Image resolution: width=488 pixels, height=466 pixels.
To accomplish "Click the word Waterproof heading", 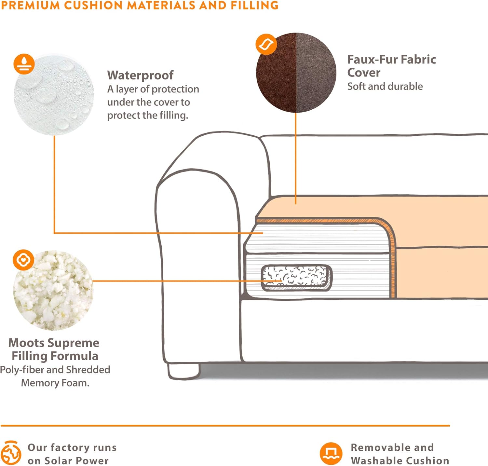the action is pyautogui.click(x=140, y=75).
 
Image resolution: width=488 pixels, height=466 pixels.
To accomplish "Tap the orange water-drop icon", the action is pyautogui.click(x=24, y=64).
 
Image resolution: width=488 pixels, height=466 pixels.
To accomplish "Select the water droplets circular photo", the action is pyautogui.click(x=54, y=95).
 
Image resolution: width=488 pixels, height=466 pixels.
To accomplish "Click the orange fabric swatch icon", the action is pyautogui.click(x=266, y=44).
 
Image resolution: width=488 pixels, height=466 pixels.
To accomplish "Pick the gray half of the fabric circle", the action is pyautogui.click(x=316, y=72).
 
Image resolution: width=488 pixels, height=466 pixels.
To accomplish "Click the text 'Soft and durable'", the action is pyautogui.click(x=385, y=86).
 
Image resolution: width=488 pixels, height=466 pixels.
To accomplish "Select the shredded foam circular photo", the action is pyautogui.click(x=53, y=291).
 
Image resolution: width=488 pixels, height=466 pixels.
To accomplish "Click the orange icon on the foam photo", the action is pyautogui.click(x=23, y=260).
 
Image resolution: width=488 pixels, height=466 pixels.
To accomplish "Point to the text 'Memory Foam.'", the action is pyautogui.click(x=55, y=383).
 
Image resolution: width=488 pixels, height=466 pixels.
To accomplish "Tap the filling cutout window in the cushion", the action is pyautogui.click(x=296, y=278).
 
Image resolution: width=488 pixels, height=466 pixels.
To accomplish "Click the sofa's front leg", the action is pyautogui.click(x=183, y=371).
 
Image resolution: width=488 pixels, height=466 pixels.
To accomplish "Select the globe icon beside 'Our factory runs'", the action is pyautogui.click(x=11, y=453).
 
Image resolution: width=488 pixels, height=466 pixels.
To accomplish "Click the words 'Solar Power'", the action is pyautogui.click(x=76, y=461).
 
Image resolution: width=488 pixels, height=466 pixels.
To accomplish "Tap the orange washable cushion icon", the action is pyautogui.click(x=331, y=453).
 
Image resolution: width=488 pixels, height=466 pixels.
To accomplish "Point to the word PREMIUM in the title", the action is pyautogui.click(x=31, y=5).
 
